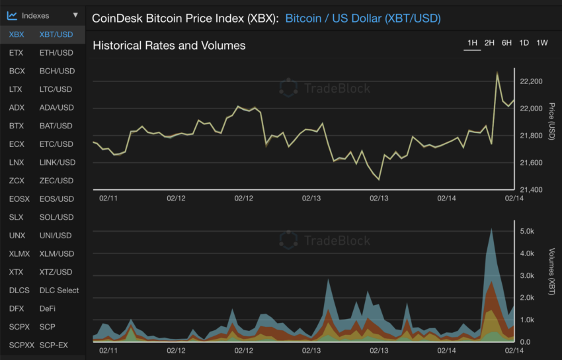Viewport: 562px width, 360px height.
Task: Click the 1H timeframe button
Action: point(472,43)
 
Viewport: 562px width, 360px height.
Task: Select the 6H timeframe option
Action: point(506,43)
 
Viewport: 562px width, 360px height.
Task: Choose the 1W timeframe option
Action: point(542,43)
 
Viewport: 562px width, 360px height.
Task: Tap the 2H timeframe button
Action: point(489,43)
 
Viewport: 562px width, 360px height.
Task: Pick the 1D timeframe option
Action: point(524,43)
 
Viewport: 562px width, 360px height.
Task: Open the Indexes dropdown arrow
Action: point(75,15)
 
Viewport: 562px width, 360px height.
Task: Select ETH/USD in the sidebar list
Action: point(56,52)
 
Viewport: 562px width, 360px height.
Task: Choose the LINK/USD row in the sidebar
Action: point(57,162)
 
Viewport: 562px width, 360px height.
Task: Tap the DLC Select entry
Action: point(59,290)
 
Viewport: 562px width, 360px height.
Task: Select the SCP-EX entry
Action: point(54,345)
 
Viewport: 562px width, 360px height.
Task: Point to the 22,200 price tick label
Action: point(532,81)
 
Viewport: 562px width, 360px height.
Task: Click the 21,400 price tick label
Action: point(532,190)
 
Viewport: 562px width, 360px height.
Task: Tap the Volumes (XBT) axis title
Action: point(552,271)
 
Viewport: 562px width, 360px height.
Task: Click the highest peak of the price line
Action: point(497,72)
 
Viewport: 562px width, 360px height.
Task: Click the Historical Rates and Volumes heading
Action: point(169,46)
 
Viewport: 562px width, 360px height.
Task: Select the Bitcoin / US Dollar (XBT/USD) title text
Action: point(363,18)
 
